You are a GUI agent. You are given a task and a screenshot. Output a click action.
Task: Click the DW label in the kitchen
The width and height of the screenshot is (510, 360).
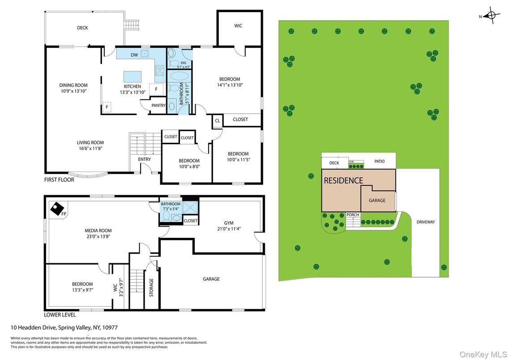tap(134, 55)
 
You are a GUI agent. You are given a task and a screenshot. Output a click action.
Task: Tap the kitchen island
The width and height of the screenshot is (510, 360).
tap(133, 77)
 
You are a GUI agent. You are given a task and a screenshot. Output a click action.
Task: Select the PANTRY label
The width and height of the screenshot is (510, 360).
tap(159, 105)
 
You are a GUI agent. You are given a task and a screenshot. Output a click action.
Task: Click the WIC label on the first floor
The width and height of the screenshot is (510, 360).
tap(238, 26)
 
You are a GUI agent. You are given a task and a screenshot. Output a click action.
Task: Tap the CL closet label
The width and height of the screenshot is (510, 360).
tap(218, 120)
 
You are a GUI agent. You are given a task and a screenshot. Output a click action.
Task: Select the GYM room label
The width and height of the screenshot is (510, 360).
tap(229, 223)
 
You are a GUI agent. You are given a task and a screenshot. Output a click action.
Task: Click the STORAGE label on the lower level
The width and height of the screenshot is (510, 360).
tap(151, 287)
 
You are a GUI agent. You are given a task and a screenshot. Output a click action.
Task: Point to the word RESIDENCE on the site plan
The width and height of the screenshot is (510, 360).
tap(343, 180)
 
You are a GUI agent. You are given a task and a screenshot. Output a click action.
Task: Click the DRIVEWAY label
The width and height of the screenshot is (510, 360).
tap(426, 222)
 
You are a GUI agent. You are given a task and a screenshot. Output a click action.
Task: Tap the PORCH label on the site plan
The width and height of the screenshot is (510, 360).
tap(353, 214)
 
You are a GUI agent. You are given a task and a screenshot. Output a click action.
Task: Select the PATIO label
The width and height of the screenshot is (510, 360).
tap(380, 161)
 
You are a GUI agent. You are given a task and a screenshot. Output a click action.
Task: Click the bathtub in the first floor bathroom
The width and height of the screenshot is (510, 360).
tap(179, 76)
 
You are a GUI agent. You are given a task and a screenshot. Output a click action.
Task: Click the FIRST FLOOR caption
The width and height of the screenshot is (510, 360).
tap(59, 180)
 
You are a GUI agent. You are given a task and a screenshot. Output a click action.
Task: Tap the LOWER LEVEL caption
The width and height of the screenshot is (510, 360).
tap(60, 315)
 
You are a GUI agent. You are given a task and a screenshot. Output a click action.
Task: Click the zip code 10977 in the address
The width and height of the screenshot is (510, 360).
tap(110, 327)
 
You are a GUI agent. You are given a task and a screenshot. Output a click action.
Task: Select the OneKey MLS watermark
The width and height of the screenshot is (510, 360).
tap(483, 354)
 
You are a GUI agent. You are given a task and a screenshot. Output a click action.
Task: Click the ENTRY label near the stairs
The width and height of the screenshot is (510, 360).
tap(145, 159)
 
